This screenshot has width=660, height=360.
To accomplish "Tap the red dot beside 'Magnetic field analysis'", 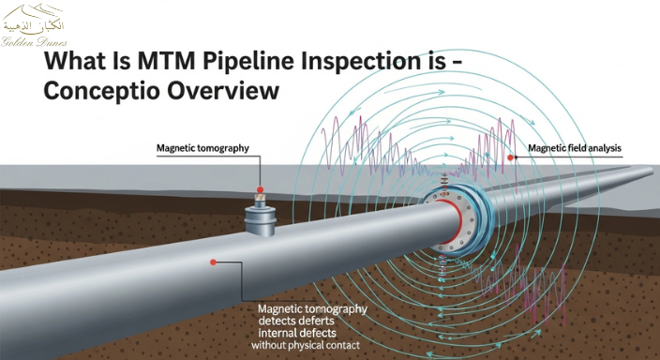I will (x=511, y=158).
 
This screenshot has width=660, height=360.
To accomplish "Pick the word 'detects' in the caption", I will (x=277, y=321).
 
